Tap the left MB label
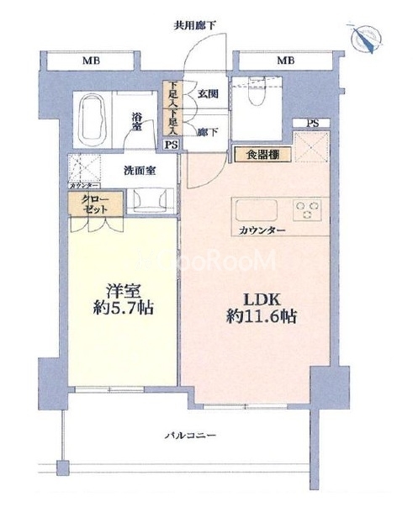[87, 61]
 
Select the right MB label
[286, 61]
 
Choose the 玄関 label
[208, 94]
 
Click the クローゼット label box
[89, 205]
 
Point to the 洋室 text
[122, 292]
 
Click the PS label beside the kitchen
[313, 124]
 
